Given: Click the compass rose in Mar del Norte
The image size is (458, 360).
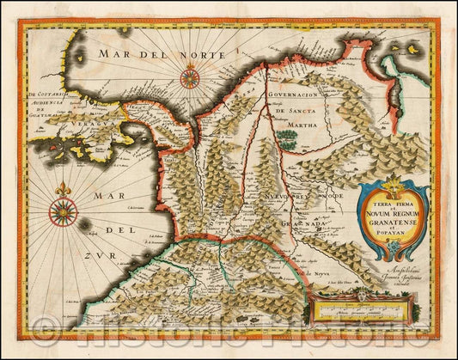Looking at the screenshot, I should (191, 79).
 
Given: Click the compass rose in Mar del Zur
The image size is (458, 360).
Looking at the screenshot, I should (62, 210).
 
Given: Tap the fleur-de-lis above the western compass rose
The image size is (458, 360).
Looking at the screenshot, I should (62, 188).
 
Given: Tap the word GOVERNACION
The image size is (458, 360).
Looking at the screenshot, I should (294, 95).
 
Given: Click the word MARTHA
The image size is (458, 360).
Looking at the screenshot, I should (296, 125).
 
